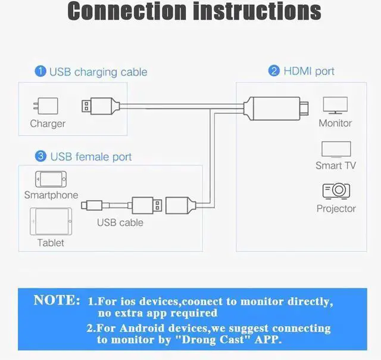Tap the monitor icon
(335, 105)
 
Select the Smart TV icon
(336, 149)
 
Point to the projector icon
(336, 191)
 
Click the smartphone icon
(51, 179)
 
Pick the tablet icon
(51, 222)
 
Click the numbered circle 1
(40, 72)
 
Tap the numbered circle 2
(274, 71)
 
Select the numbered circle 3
(40, 156)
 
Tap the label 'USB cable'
(120, 222)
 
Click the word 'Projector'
(336, 209)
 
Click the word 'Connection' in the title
(129, 11)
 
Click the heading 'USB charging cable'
(98, 72)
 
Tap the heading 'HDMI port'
(309, 71)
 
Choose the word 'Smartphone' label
(51, 195)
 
